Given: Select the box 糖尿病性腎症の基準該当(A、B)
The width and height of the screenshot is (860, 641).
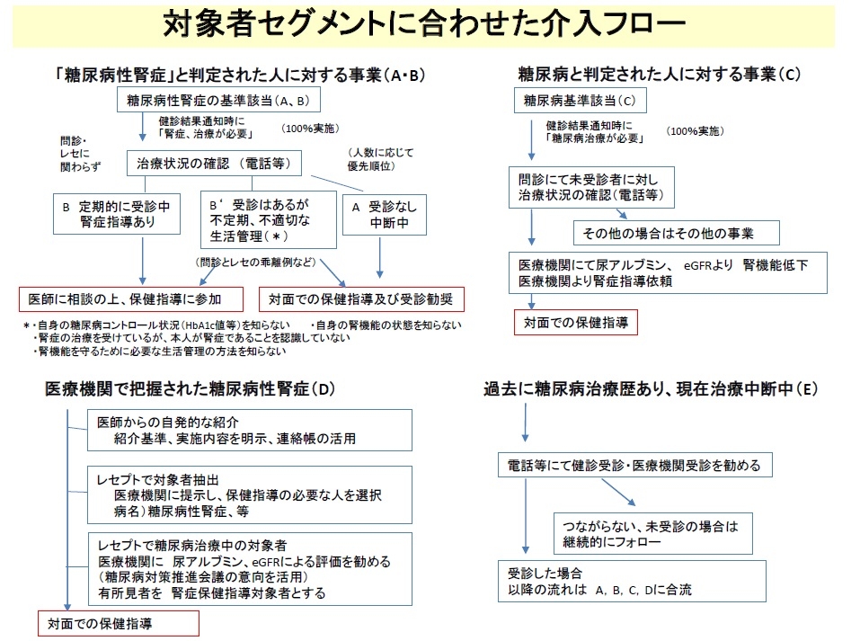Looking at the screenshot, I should [x=218, y=100].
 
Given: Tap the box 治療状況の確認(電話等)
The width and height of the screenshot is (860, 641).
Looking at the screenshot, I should [x=213, y=163].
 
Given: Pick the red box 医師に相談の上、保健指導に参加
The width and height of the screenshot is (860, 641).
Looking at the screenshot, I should [x=133, y=298].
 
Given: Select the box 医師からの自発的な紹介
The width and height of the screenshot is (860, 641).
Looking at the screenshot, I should [x=250, y=430].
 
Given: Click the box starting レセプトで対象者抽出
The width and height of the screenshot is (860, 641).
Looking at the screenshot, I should [x=250, y=494].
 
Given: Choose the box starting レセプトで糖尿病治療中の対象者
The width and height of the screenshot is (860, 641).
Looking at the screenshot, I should [x=250, y=568].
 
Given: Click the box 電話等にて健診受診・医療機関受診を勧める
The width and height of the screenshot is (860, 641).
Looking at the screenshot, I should [x=634, y=466].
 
